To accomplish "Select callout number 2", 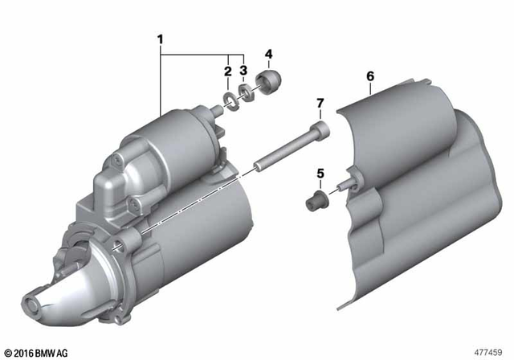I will (x=228, y=72).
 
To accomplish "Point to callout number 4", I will (x=268, y=55).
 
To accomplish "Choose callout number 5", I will (x=320, y=173).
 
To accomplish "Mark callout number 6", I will (x=370, y=76).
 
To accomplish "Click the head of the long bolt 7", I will (x=320, y=128).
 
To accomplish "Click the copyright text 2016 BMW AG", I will (x=39, y=352).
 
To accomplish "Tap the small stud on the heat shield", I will (x=343, y=186).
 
